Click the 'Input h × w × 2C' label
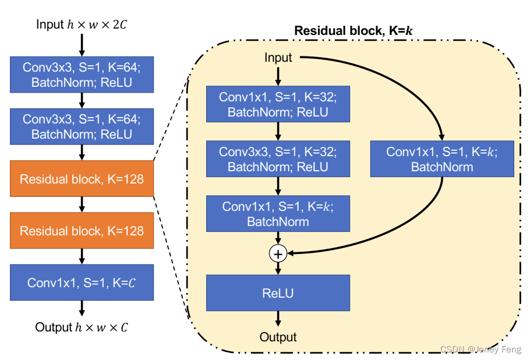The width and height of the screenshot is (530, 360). [82, 24]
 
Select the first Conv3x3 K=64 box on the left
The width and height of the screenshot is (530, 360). [82, 75]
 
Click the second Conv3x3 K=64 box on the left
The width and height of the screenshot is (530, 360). [82, 126]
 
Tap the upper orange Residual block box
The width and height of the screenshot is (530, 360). [82, 179]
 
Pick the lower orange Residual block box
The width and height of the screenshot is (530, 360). [82, 231]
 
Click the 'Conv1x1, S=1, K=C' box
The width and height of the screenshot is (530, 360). [82, 283]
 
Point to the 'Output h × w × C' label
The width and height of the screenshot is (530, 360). [82, 327]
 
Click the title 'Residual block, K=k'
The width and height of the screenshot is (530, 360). [354, 30]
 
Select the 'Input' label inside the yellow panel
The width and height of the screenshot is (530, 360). [278, 58]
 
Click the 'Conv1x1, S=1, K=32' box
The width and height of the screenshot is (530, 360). [278, 104]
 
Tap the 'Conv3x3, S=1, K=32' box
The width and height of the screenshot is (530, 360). [278, 158]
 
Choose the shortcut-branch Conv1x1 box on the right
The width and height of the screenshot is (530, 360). [442, 159]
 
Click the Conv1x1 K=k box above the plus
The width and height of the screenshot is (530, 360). [278, 214]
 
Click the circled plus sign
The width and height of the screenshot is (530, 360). [278, 253]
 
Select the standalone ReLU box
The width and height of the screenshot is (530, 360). [278, 293]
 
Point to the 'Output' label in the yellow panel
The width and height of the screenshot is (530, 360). [278, 337]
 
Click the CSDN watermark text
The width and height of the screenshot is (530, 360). [480, 349]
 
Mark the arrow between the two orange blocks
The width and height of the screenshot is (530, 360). [82, 204]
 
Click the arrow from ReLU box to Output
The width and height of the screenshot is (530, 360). [278, 319]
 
